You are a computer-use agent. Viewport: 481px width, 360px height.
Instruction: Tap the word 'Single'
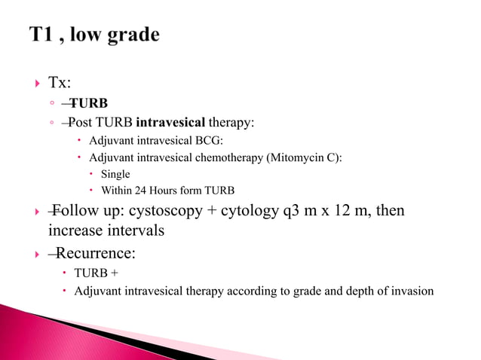[x=115, y=174]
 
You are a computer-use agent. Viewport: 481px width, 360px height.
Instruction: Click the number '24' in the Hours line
[x=142, y=190]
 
